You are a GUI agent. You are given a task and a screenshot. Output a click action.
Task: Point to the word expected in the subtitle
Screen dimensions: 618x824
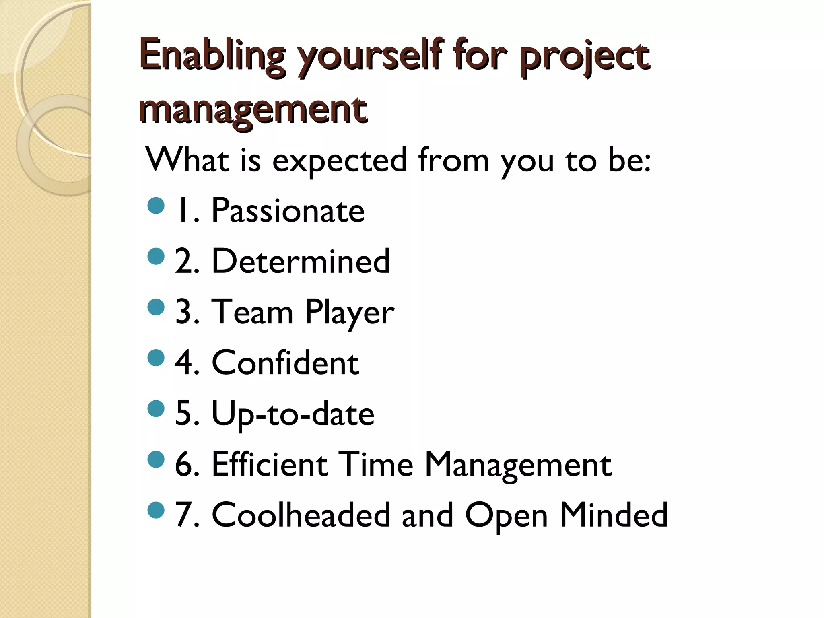coord(340,160)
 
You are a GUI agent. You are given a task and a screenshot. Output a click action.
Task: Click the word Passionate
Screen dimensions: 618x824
coord(288,211)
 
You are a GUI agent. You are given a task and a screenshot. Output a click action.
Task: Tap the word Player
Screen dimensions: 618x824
coord(349,312)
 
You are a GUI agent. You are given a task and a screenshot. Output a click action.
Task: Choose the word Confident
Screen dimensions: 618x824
coord(285,363)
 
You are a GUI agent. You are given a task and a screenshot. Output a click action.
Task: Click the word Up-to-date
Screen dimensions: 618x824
coord(293,414)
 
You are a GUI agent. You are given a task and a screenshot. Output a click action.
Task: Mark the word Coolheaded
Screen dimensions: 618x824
coord(301,515)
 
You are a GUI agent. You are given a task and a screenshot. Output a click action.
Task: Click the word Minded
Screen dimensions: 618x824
coord(614,515)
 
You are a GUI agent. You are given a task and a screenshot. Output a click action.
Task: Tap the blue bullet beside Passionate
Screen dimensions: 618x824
coord(156,206)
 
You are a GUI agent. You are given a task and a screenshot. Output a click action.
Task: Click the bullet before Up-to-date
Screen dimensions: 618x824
coord(156,409)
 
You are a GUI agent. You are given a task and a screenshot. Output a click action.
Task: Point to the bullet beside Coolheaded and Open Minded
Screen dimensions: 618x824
coord(156,510)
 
